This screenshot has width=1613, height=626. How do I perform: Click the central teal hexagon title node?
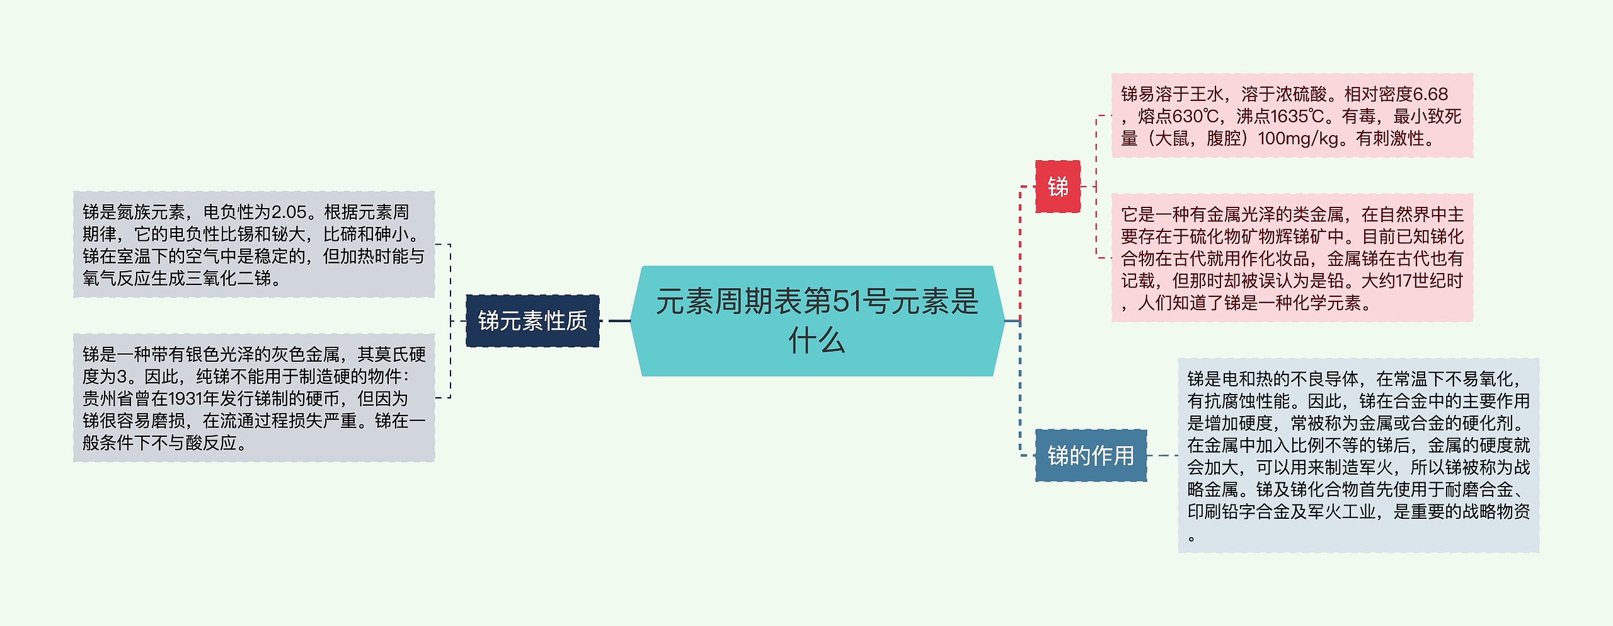817,321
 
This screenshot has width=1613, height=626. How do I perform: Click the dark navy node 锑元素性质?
532,321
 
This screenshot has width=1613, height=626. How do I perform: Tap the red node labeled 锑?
1058,187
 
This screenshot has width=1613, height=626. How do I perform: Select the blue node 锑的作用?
1091,455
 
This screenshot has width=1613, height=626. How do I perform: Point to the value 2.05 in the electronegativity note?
289,212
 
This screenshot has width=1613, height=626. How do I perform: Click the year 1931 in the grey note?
185,399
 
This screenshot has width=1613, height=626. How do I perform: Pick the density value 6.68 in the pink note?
1430,95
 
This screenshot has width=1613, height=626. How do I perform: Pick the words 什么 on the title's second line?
817,341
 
